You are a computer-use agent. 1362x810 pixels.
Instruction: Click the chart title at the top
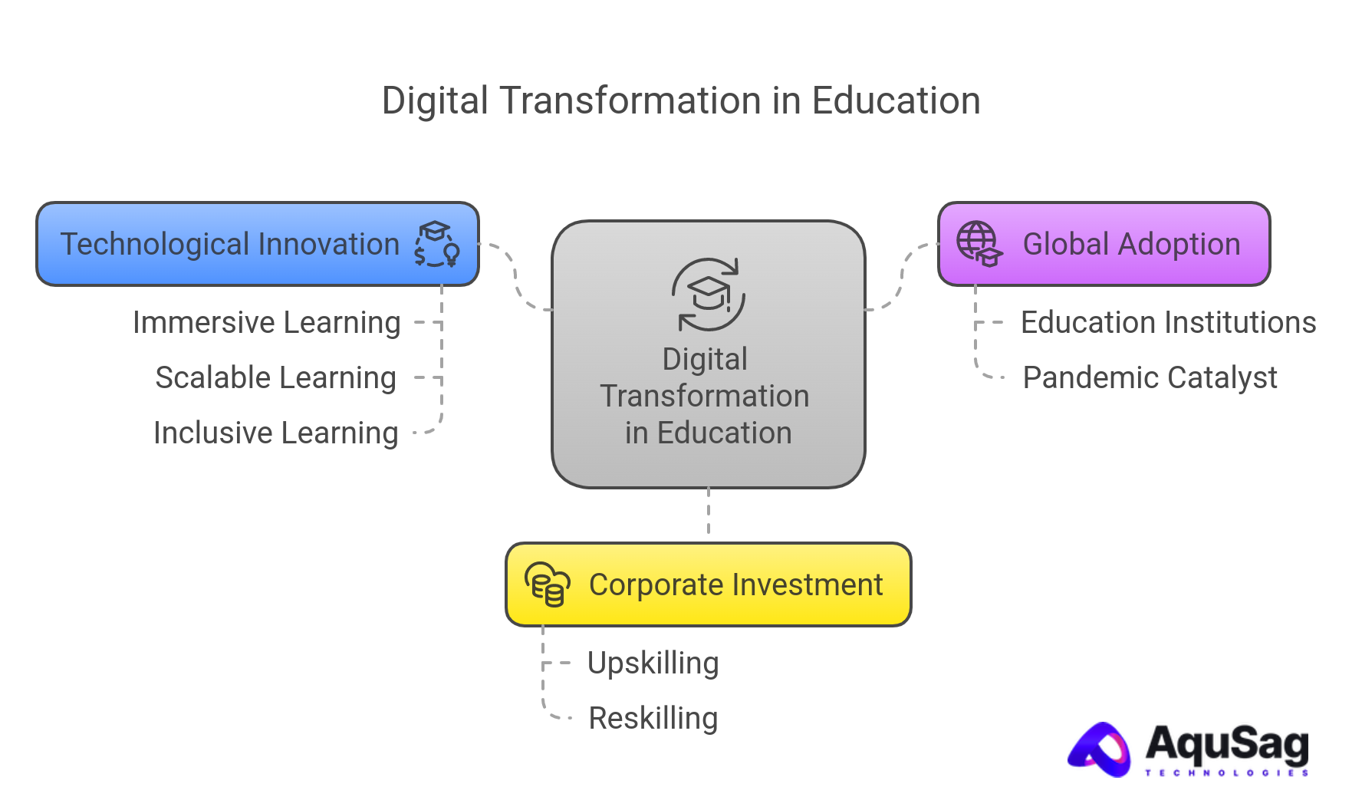pyautogui.click(x=681, y=100)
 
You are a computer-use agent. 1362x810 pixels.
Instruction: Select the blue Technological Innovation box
pyautogui.click(x=230, y=244)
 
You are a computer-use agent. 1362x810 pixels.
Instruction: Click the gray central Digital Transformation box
pyautogui.click(x=708, y=384)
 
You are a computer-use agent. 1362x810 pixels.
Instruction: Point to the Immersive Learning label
pyautogui.click(x=266, y=323)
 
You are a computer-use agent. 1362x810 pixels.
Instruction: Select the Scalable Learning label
pyautogui.click(x=275, y=377)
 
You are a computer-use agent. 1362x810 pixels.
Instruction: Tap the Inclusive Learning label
pyautogui.click(x=275, y=433)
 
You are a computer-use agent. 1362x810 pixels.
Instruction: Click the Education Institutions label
pyautogui.click(x=1168, y=323)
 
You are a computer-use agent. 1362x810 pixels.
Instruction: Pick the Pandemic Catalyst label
pyautogui.click(x=1150, y=377)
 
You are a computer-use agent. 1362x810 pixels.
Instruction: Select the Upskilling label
pyautogui.click(x=653, y=663)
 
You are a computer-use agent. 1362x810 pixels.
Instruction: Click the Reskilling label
pyautogui.click(x=653, y=718)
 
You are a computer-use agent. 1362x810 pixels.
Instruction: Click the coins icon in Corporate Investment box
pyautogui.click(x=547, y=584)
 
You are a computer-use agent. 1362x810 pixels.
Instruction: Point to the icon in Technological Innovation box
pyautogui.click(x=437, y=244)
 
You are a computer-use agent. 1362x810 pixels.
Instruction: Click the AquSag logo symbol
pyautogui.click(x=1100, y=749)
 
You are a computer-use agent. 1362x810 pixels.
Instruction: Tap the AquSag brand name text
pyautogui.click(x=1226, y=742)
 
